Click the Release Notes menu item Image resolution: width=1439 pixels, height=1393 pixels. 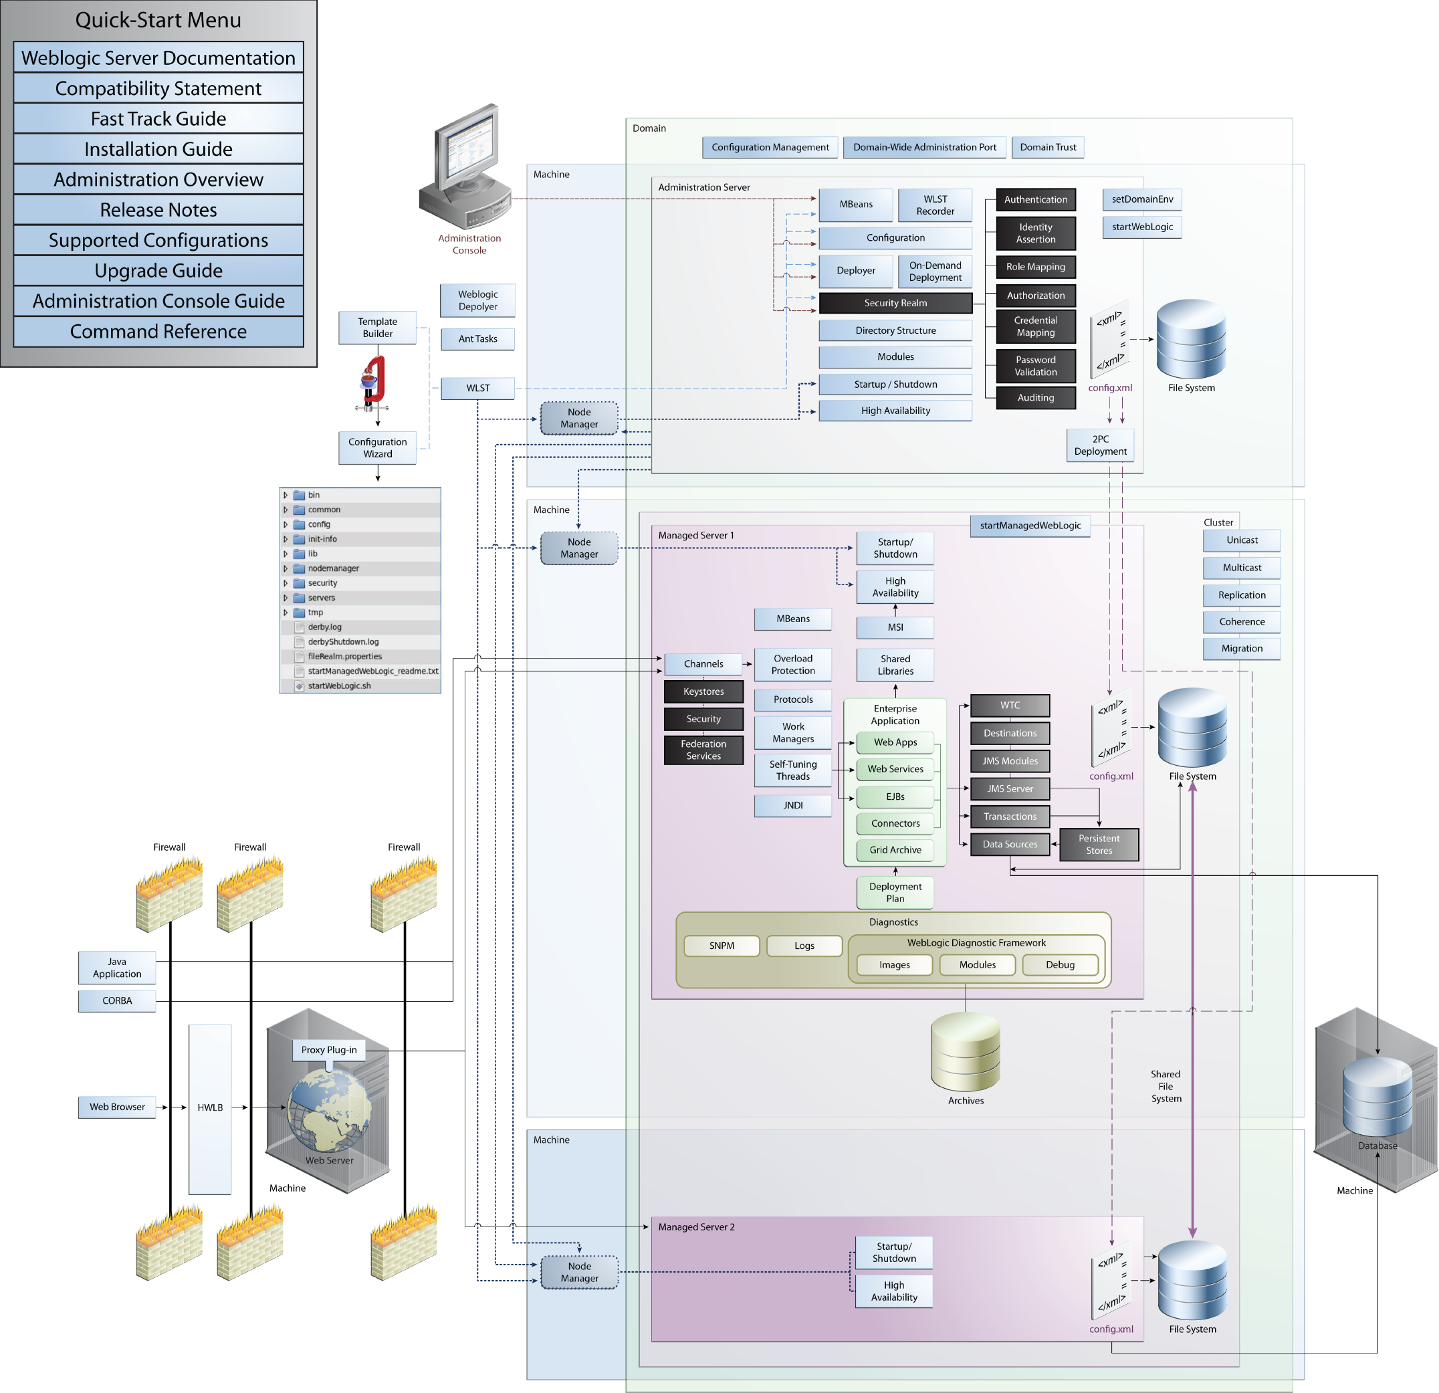[x=158, y=210]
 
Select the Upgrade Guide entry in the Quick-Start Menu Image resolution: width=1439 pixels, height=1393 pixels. [x=158, y=271]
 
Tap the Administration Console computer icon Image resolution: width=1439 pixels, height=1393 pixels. [x=465, y=169]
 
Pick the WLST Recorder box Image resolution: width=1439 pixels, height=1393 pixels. [x=935, y=205]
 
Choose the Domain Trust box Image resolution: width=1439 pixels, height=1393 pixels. [x=1047, y=147]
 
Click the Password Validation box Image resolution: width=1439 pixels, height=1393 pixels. [x=1035, y=366]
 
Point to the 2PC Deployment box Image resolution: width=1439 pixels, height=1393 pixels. [x=1100, y=445]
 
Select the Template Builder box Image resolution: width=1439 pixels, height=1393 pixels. [x=377, y=328]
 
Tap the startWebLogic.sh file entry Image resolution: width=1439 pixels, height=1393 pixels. [x=338, y=686]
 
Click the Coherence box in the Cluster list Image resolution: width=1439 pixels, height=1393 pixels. [x=1242, y=621]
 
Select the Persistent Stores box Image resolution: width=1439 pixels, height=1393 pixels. [x=1099, y=845]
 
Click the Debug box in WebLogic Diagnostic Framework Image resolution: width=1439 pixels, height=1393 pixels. [x=1059, y=964]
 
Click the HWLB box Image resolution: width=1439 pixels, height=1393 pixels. [x=210, y=1107]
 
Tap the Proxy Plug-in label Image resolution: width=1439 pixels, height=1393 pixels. [x=329, y=1049]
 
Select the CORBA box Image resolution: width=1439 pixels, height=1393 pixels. [x=117, y=1000]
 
